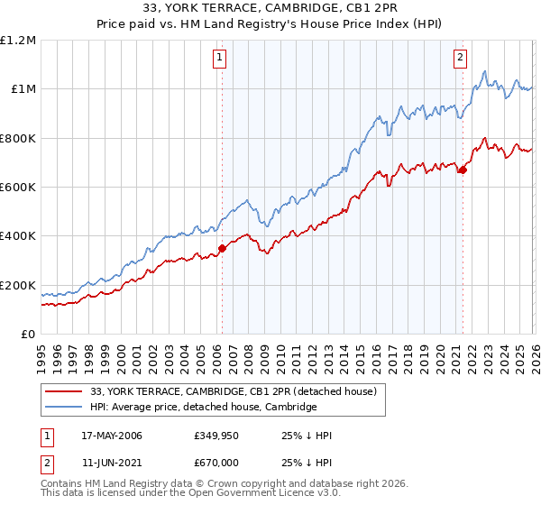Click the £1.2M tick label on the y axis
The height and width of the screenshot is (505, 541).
(18, 41)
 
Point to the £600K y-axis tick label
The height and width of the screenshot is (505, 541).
(18, 188)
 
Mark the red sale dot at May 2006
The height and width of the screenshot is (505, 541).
(222, 249)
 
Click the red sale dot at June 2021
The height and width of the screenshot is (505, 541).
(463, 170)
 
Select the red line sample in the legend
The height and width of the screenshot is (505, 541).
(64, 391)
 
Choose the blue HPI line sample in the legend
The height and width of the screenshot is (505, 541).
(64, 408)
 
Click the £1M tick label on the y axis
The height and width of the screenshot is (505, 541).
(23, 89)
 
